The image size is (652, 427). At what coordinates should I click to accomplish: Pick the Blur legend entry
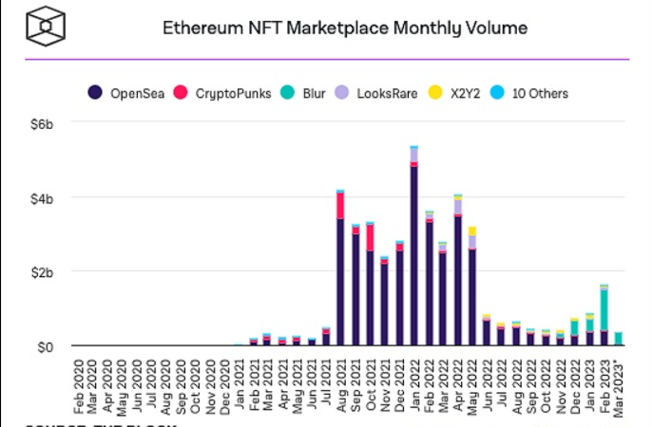pyautogui.click(x=311, y=93)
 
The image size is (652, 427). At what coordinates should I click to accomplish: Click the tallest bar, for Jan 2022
pyautogui.click(x=414, y=247)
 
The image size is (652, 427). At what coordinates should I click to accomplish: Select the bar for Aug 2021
pyautogui.click(x=340, y=270)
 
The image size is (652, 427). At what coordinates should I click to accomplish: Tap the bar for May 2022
pyautogui.click(x=473, y=288)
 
